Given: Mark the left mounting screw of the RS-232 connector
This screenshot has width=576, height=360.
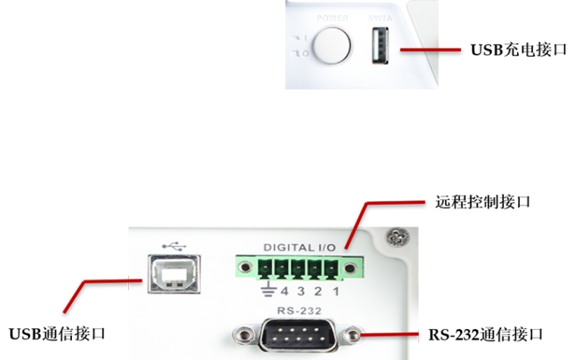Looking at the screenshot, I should click(x=245, y=333).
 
